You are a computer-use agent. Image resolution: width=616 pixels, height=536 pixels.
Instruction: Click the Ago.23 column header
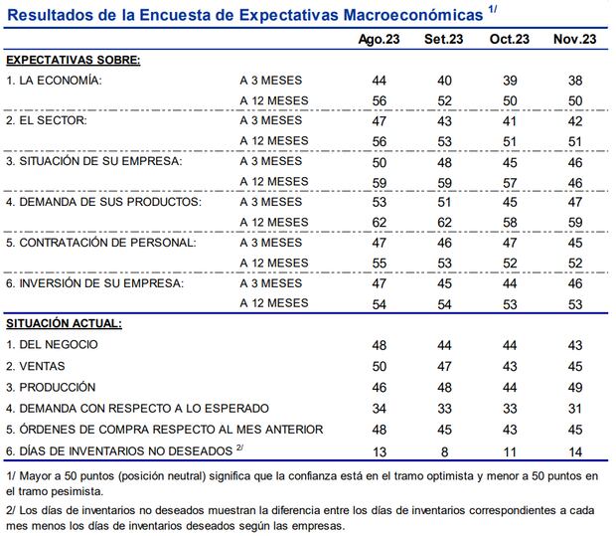click(380, 39)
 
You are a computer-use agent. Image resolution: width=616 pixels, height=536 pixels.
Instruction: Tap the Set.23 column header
click(445, 39)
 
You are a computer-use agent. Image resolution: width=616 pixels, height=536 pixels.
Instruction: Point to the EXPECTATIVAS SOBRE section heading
click(74, 59)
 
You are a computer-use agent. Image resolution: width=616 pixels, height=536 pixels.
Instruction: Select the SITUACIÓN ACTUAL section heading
click(65, 323)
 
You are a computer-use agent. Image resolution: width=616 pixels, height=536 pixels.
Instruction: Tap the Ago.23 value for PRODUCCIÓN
click(380, 387)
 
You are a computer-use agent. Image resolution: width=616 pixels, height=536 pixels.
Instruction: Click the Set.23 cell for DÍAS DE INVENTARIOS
click(445, 450)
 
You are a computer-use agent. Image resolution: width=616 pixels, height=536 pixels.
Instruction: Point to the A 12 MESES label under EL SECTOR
click(274, 140)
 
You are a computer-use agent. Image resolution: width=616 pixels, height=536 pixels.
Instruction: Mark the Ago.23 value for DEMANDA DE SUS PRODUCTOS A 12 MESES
click(380, 222)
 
